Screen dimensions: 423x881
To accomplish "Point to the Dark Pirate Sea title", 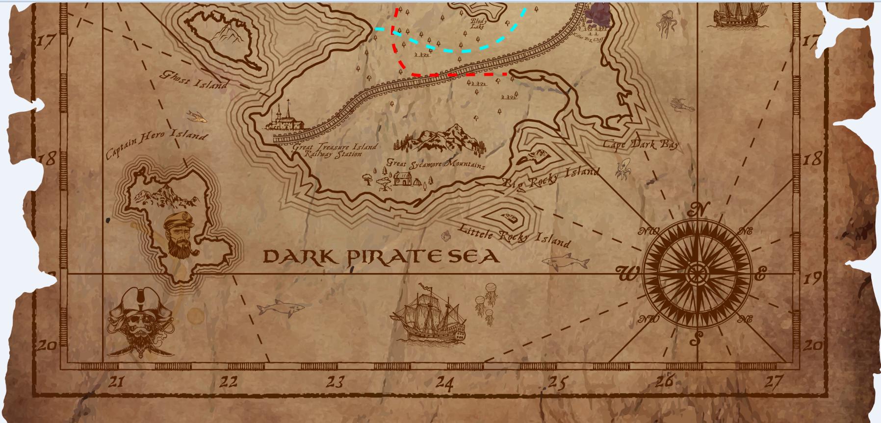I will (x=381, y=256).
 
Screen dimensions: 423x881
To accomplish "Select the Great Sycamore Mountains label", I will (x=436, y=163).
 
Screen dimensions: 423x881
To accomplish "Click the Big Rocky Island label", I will (x=550, y=178).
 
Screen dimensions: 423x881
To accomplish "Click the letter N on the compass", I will (x=698, y=209).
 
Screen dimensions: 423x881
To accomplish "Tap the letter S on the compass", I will (x=696, y=338).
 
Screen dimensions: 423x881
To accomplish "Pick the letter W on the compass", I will (x=627, y=274).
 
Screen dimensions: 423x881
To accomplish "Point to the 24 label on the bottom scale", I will (x=444, y=381).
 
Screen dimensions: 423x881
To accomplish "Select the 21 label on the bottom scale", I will (x=116, y=381).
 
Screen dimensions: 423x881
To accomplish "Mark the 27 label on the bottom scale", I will (x=774, y=381).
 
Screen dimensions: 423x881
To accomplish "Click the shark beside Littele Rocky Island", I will (x=566, y=261).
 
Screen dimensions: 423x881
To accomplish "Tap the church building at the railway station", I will (x=285, y=118).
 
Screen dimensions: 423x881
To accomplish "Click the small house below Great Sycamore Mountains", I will (x=402, y=178).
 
